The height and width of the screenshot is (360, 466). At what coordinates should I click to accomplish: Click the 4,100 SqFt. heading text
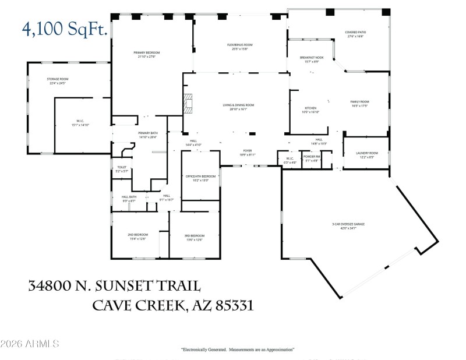65,29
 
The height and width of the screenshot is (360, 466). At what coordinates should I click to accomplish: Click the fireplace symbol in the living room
188,103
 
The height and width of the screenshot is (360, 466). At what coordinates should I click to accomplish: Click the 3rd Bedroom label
195,236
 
